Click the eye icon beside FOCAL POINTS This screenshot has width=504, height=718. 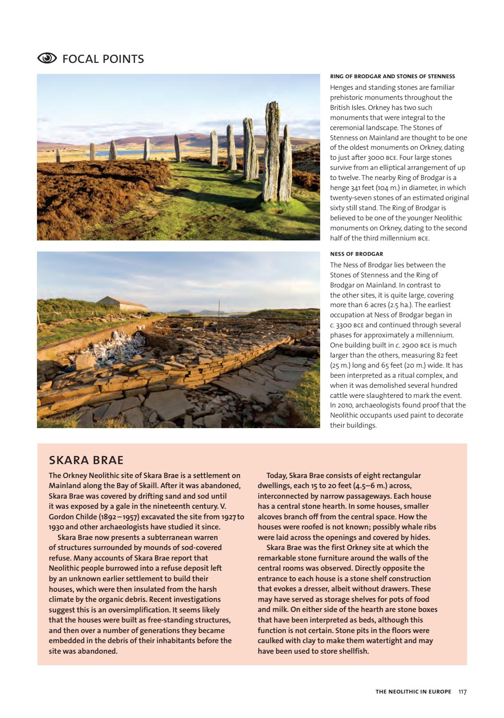(47, 59)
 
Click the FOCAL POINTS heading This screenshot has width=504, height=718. (103, 59)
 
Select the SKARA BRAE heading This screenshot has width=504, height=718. (86, 460)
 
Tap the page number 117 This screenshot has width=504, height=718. (462, 692)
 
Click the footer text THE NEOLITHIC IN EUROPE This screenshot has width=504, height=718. (413, 692)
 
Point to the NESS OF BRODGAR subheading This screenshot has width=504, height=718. (356, 254)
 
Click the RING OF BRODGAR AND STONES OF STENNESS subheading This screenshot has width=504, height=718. (392, 76)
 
